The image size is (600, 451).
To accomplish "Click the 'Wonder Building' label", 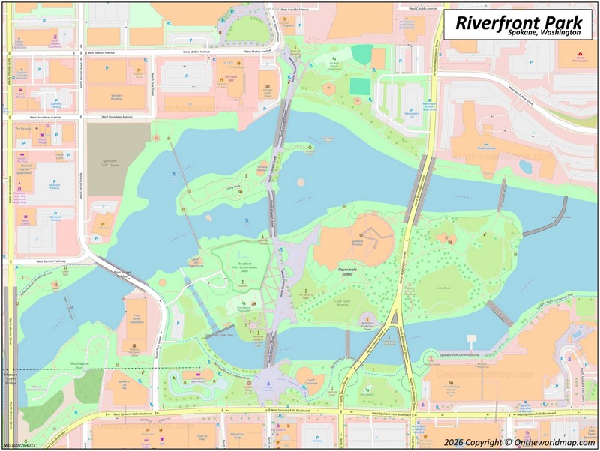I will pyautogui.click(x=116, y=96).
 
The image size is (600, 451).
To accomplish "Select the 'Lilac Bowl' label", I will pyautogui.click(x=443, y=288).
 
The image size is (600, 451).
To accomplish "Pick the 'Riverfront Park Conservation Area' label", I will pyautogui.click(x=244, y=267).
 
